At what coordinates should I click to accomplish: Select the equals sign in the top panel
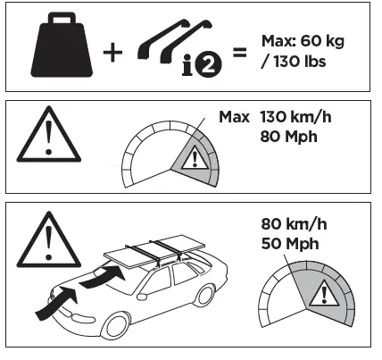tap(238, 53)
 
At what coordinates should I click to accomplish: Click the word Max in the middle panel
tap(234, 116)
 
